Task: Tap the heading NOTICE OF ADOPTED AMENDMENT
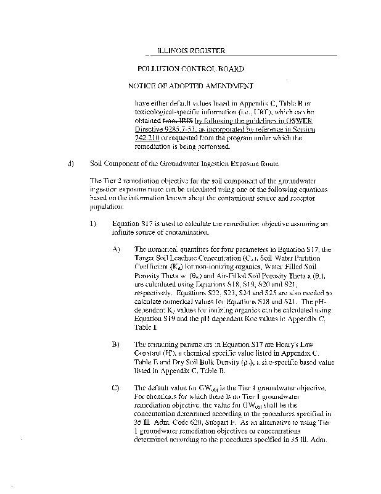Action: coord(190,86)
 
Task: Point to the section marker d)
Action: coord(70,164)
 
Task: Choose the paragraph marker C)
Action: coord(116,387)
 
